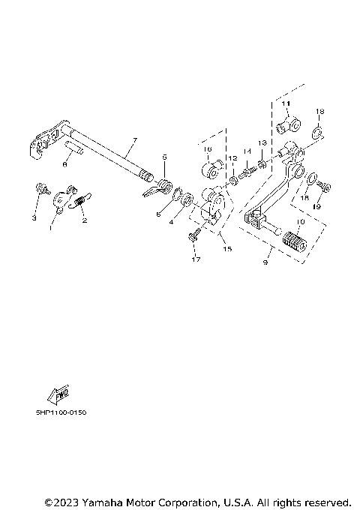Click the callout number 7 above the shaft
[x=134, y=140]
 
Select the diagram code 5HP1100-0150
[x=60, y=412]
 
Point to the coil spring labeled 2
[x=81, y=200]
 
